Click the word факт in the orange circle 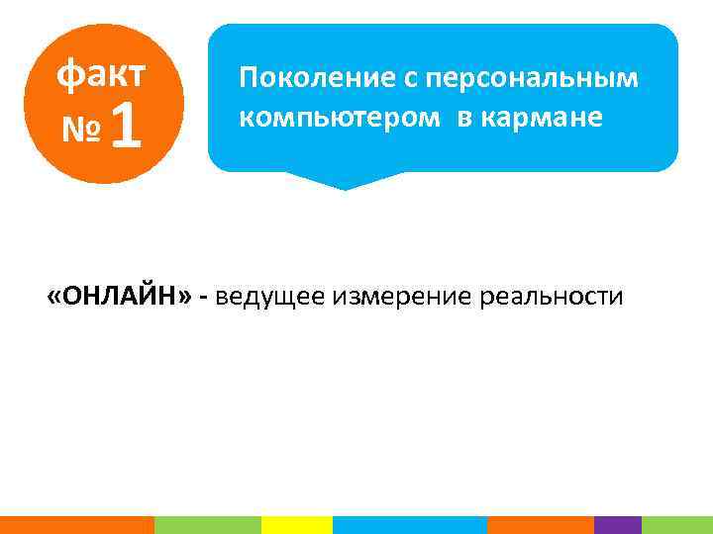tap(101, 72)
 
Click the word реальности tap(554, 296)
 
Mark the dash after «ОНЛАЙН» tap(203, 297)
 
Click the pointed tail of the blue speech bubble tap(342, 182)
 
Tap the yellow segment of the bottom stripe tap(296, 525)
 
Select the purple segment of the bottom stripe tap(617, 525)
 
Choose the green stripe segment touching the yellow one tap(207, 525)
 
